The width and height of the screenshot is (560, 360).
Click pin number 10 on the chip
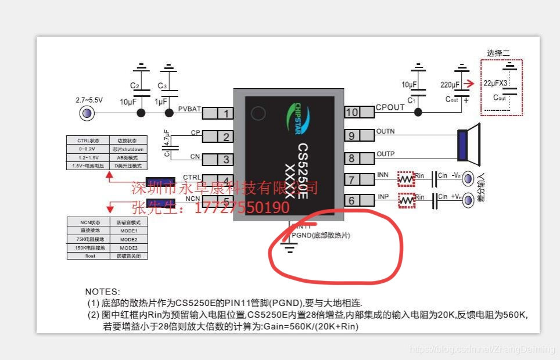pos(352,112)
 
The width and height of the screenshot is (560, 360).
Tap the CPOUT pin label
pos(390,107)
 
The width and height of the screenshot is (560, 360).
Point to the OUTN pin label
pos(385,131)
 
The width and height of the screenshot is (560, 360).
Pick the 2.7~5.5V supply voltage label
pos(89,100)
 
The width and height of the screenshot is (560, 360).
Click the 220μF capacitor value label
pos(450,85)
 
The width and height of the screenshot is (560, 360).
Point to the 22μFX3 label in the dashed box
pos(496,83)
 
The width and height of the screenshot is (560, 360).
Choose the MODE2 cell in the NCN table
pos(128,239)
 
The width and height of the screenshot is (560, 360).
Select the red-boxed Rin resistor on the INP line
pos(407,200)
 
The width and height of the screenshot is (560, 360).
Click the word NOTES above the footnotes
pos(102,291)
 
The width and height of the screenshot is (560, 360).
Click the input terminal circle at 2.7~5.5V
pos(87,113)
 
